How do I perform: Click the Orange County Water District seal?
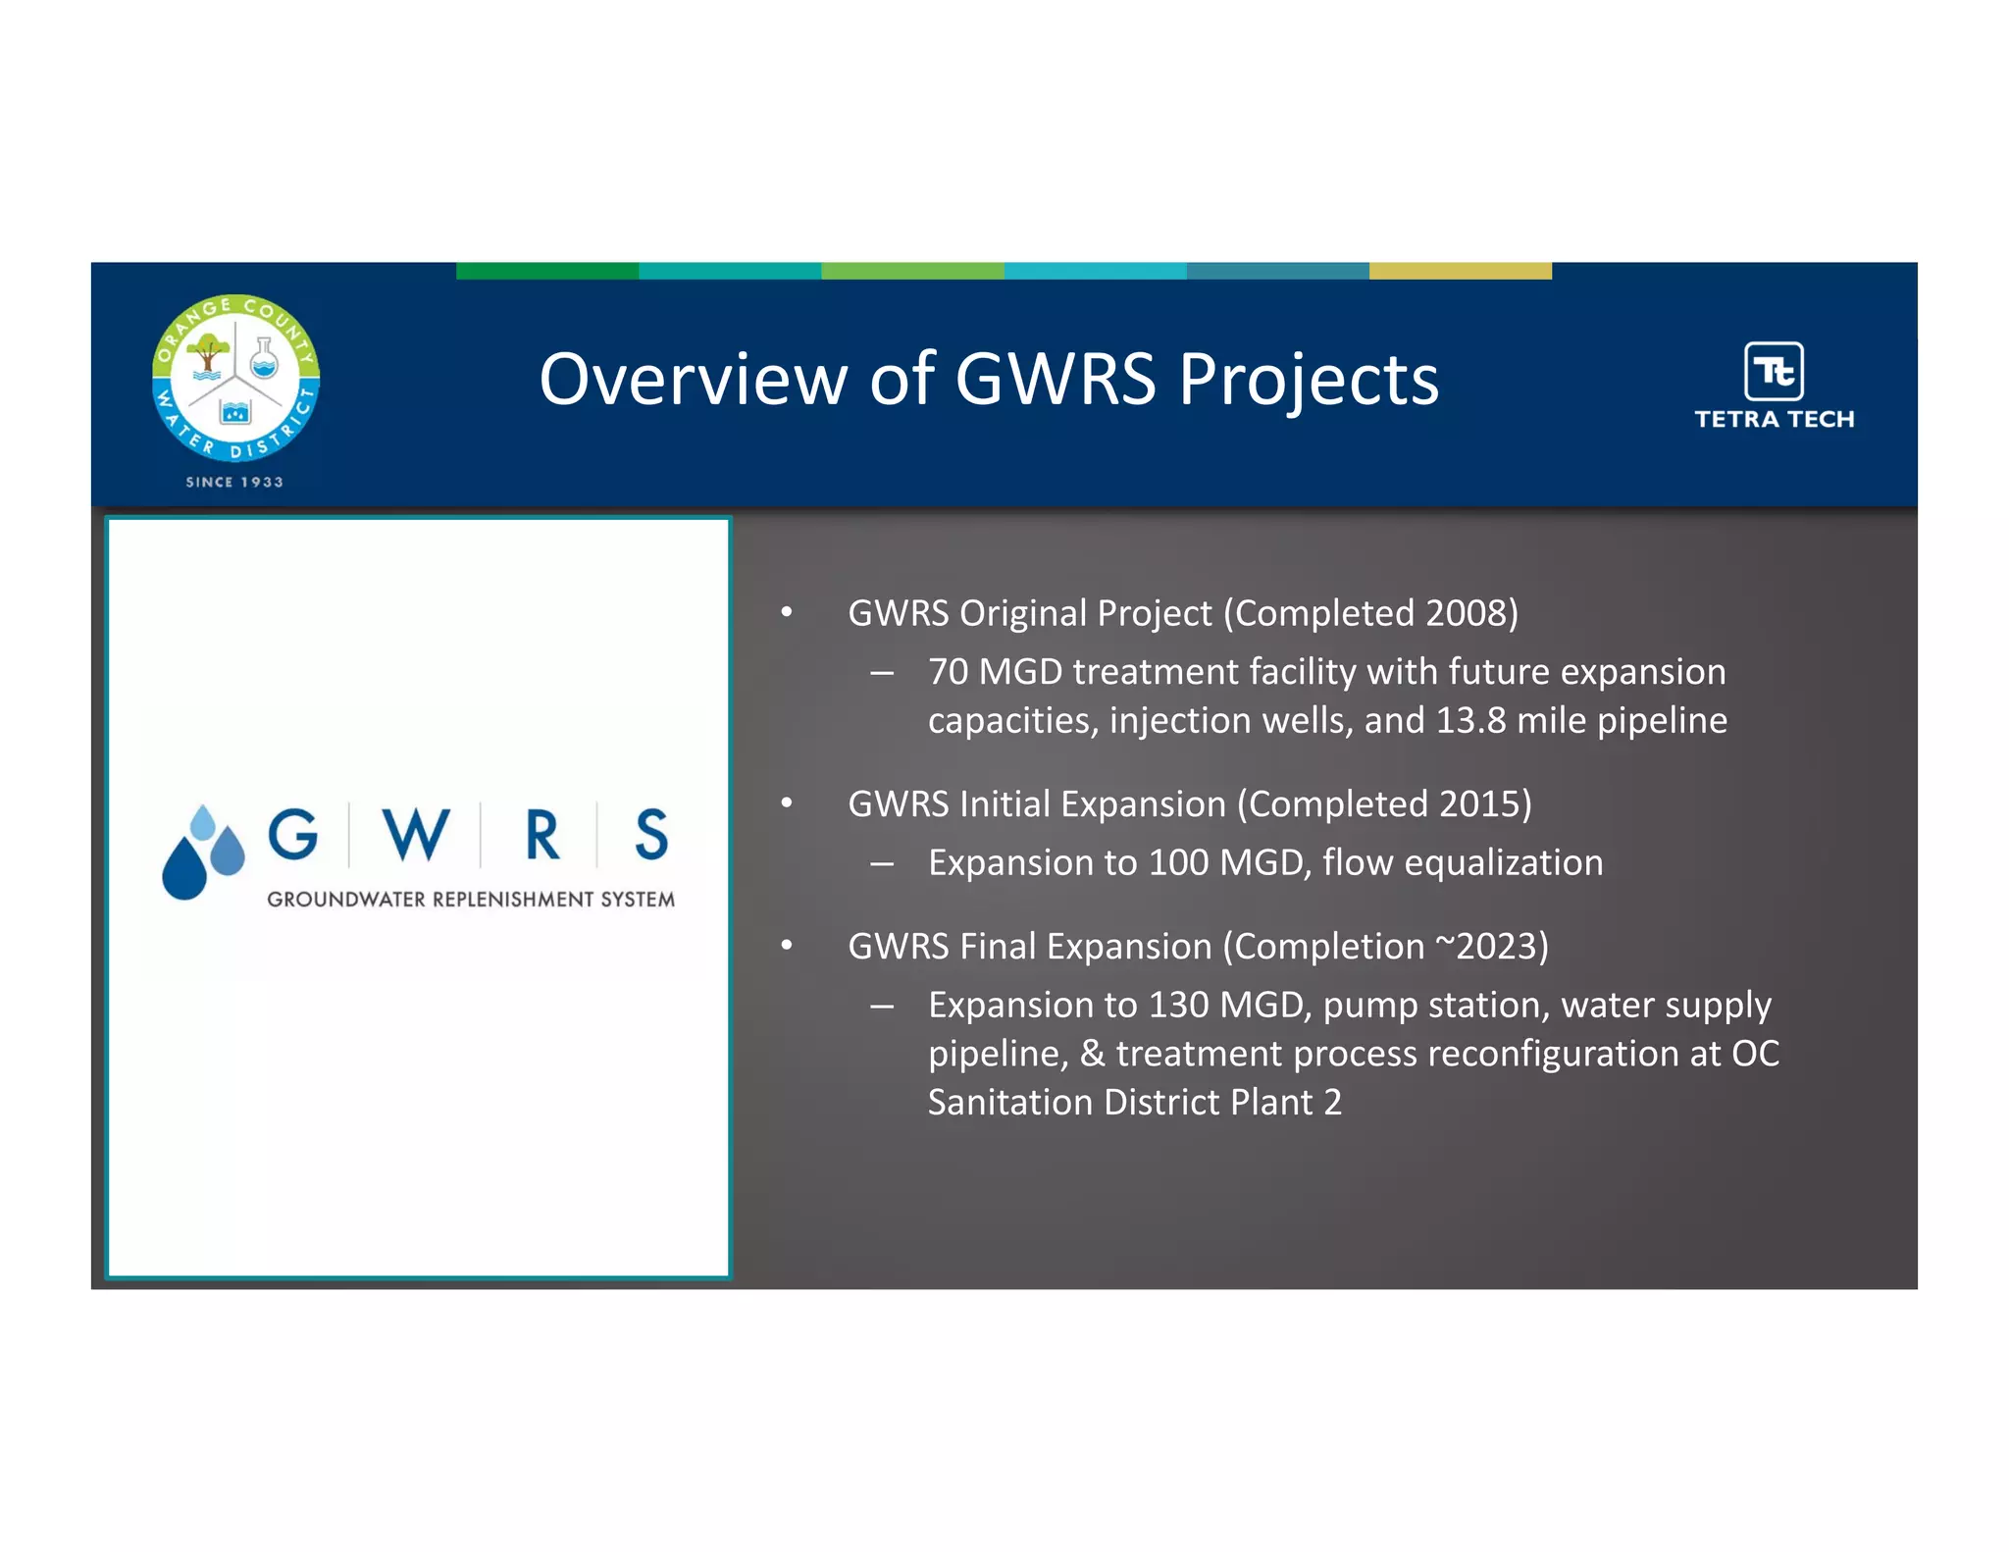235,378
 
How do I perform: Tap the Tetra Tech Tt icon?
1774,372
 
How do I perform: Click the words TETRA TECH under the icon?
1774,419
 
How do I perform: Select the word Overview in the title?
693,380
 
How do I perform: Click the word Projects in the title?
1309,380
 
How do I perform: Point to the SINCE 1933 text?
234,482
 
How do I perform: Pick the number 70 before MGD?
948,672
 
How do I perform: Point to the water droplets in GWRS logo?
203,853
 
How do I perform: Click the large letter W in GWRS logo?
416,835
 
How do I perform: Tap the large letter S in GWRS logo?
650,835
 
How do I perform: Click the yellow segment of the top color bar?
1460,271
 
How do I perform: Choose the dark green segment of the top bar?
547,271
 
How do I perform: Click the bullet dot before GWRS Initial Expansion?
787,803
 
